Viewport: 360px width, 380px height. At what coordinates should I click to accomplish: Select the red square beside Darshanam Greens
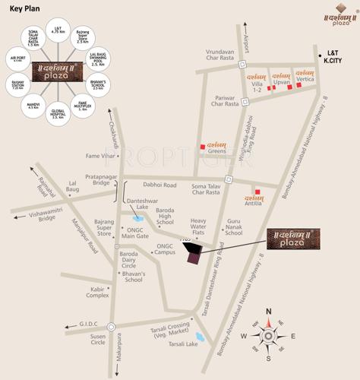click(x=202, y=147)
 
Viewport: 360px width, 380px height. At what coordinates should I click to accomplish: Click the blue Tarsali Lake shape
click(x=200, y=336)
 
